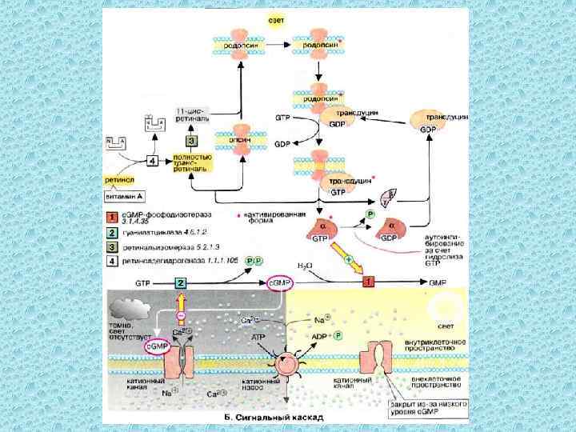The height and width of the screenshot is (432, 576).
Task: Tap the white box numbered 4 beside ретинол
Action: point(152,159)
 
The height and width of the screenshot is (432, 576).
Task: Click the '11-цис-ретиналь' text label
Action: point(194,114)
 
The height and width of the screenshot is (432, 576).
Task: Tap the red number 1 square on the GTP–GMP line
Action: point(369,282)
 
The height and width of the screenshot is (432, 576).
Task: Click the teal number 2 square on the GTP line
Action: point(181,283)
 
